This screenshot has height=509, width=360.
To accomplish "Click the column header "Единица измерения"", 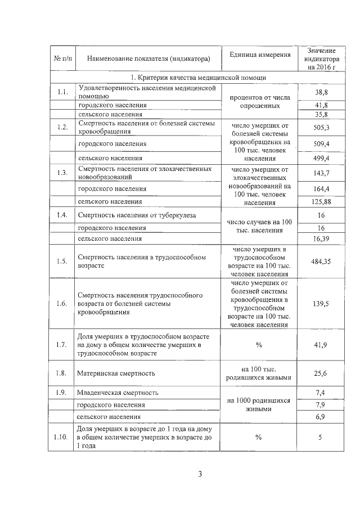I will click(260, 55).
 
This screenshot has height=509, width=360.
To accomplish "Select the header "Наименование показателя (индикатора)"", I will click(145, 58).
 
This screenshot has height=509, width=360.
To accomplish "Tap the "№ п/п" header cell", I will click(62, 58).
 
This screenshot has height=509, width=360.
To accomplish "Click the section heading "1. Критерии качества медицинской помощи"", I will click(198, 78).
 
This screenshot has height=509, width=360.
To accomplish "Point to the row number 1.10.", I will click(62, 436).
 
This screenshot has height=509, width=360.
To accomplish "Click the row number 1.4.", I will click(62, 215).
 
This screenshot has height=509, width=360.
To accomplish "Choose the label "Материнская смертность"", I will click(116, 373).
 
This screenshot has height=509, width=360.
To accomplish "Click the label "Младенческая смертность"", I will click(118, 392).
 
